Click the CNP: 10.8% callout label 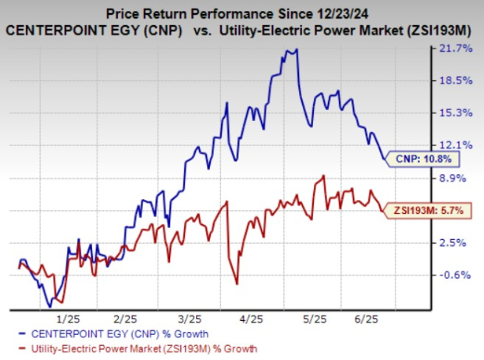422,159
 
